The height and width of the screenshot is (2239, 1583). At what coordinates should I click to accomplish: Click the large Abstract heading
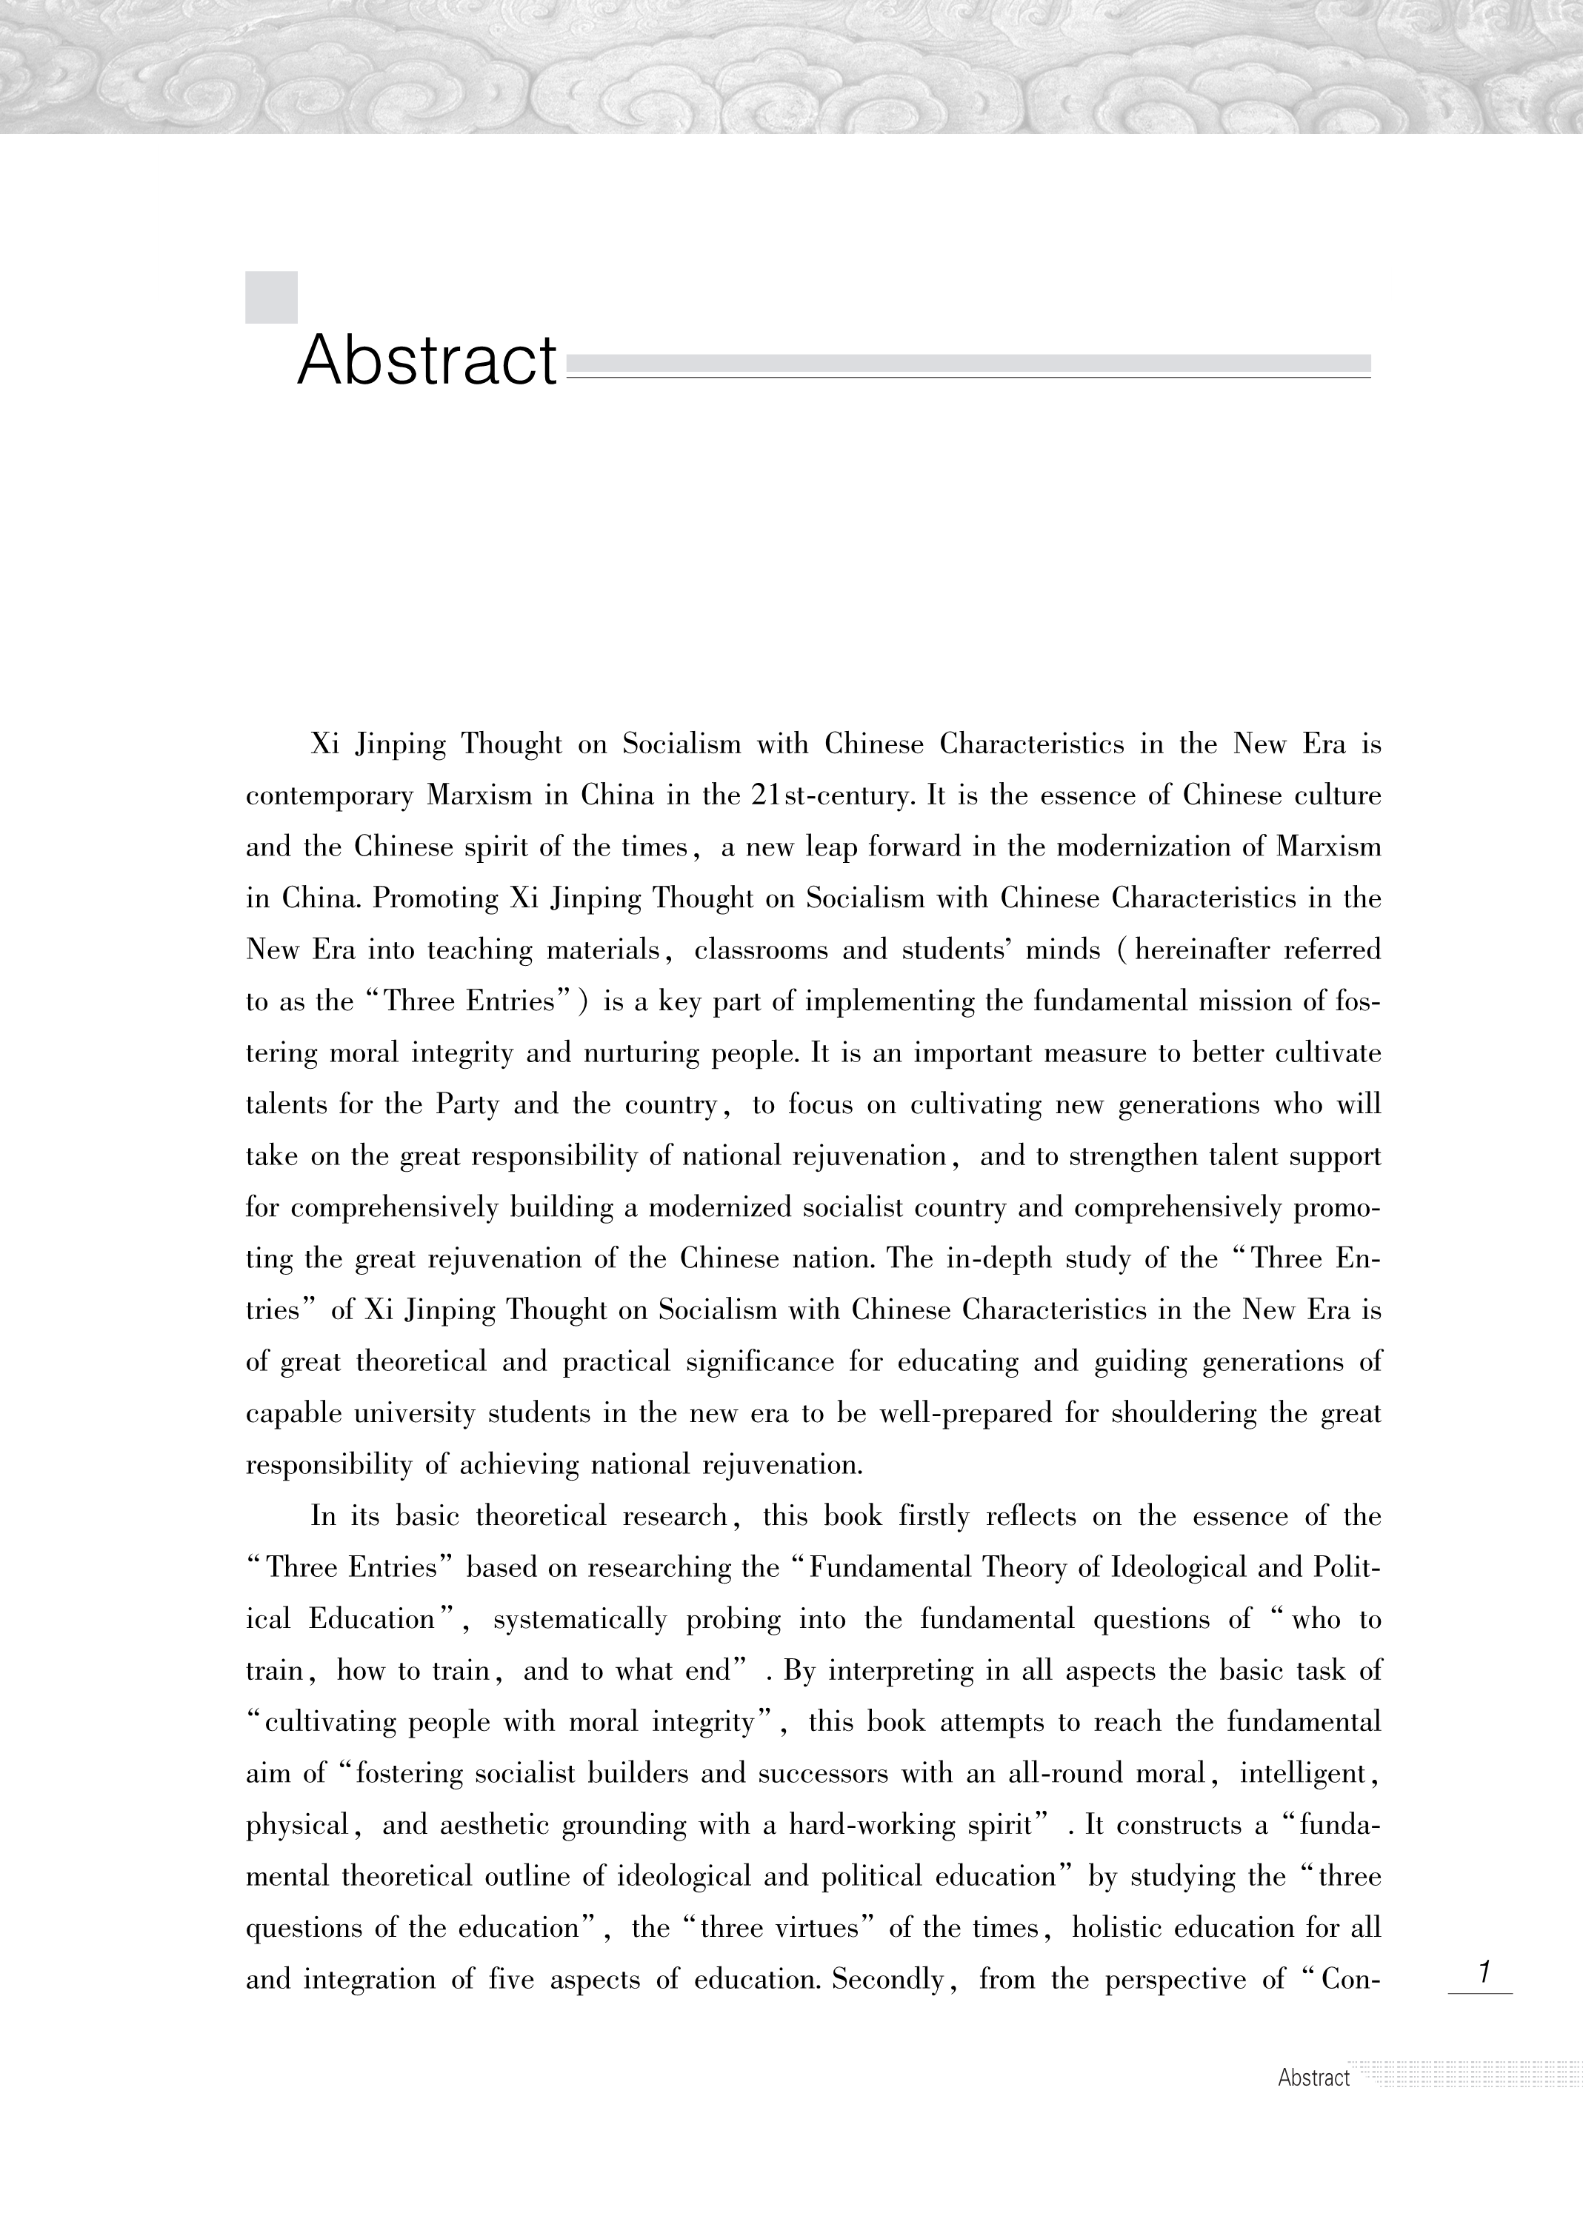click(x=427, y=361)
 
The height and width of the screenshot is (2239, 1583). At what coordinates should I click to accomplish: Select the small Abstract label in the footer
click(x=1313, y=2077)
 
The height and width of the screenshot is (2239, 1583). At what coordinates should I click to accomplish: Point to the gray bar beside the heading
click(x=967, y=364)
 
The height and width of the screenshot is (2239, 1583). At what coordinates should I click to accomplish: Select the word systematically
click(x=579, y=1620)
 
